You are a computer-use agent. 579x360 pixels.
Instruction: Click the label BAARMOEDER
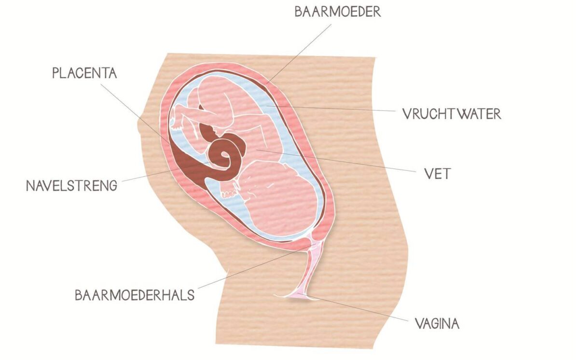(x=338, y=12)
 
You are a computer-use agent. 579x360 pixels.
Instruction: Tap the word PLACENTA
(x=84, y=73)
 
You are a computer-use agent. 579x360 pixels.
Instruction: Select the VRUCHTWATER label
(x=452, y=114)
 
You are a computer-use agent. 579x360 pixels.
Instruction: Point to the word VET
(x=438, y=174)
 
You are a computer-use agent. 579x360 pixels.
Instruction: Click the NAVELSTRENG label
(x=71, y=186)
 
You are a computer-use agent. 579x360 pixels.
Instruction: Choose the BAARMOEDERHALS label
(x=135, y=295)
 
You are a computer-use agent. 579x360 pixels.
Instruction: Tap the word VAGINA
(x=437, y=323)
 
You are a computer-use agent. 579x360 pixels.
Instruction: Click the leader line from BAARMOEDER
(x=299, y=54)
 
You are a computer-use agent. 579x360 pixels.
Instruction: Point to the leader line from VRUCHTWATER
(x=331, y=108)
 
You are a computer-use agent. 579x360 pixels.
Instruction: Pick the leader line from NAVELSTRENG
(x=166, y=172)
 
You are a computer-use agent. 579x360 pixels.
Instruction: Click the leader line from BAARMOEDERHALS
(x=257, y=266)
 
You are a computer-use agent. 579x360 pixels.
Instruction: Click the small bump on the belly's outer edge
(x=139, y=126)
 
